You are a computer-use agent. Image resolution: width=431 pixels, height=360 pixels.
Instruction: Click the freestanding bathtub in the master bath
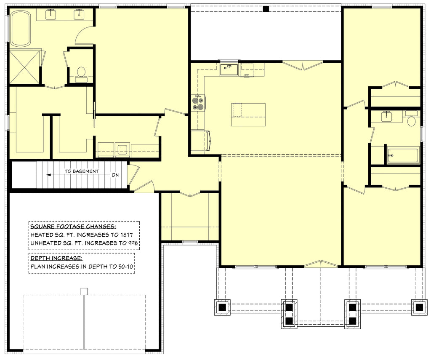(21, 28)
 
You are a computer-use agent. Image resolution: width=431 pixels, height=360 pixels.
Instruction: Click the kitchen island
(248, 115)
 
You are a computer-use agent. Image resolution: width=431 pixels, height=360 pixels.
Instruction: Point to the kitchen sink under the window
(229, 69)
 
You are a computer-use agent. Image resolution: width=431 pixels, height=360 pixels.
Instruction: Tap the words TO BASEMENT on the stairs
(82, 171)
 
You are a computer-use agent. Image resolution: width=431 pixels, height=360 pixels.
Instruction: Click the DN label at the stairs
(115, 175)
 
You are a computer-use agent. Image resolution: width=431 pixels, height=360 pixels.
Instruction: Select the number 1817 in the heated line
(126, 235)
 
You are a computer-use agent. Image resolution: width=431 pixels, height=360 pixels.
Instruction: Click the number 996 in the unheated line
(132, 243)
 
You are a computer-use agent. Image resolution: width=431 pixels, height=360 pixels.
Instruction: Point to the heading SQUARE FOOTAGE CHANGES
(73, 227)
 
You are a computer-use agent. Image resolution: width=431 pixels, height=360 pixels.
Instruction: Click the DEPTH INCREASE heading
(56, 258)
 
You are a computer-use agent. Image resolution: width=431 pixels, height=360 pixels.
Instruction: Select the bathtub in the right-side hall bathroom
(403, 155)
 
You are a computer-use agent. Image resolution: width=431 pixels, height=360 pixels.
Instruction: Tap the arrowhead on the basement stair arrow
(48, 175)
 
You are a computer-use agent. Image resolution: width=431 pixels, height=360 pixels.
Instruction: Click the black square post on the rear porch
(266, 9)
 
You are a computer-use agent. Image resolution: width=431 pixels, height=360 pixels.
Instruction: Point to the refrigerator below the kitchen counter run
(201, 141)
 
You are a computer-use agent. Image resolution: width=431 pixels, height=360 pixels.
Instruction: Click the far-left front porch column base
(222, 307)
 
